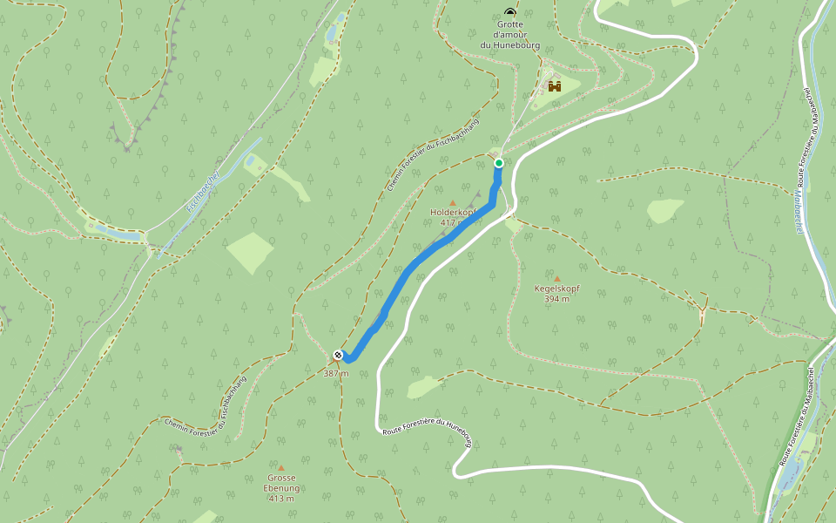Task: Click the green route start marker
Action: point(499,163)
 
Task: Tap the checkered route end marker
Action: point(338,355)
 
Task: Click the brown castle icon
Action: point(554,86)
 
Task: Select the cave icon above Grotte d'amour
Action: point(509,11)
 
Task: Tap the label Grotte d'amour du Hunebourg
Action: point(509,34)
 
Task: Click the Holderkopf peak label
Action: point(452,212)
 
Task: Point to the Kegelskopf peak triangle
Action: point(557,279)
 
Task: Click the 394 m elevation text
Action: point(556,299)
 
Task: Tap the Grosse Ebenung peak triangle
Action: point(281,468)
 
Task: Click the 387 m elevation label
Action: point(335,373)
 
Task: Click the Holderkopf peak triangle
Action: point(452,202)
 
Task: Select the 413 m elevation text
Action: point(281,499)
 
